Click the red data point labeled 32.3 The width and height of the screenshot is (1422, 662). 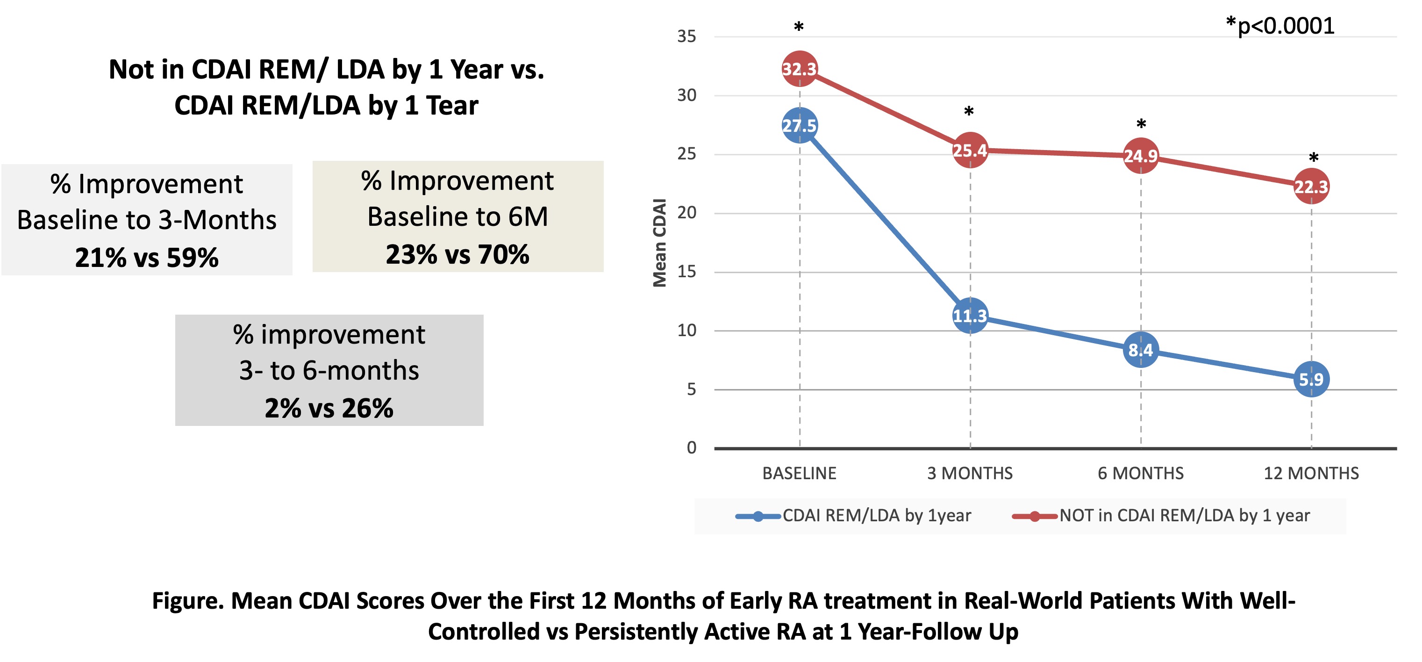[800, 69]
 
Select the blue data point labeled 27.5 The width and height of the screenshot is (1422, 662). [800, 126]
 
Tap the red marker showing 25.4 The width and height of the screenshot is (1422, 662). [970, 150]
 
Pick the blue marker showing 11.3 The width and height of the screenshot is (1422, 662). [970, 316]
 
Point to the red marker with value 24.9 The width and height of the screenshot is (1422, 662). [1141, 156]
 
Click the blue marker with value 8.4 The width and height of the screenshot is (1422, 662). [1141, 350]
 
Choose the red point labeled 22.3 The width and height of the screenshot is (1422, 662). [1311, 187]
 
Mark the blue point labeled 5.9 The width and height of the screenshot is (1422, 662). [1311, 379]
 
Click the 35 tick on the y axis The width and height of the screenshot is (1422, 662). [687, 36]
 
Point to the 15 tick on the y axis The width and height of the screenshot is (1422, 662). [687, 272]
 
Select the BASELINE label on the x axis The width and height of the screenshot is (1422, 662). [800, 473]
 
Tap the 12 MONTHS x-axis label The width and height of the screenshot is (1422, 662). [1311, 473]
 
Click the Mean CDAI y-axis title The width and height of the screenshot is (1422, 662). [660, 243]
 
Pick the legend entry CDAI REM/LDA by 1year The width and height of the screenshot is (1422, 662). [876, 516]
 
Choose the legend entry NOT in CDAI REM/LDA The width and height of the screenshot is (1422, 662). [1184, 516]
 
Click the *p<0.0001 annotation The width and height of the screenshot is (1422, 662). [1279, 26]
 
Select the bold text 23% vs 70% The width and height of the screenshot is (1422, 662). [457, 254]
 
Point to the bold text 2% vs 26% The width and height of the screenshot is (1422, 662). [329, 409]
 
